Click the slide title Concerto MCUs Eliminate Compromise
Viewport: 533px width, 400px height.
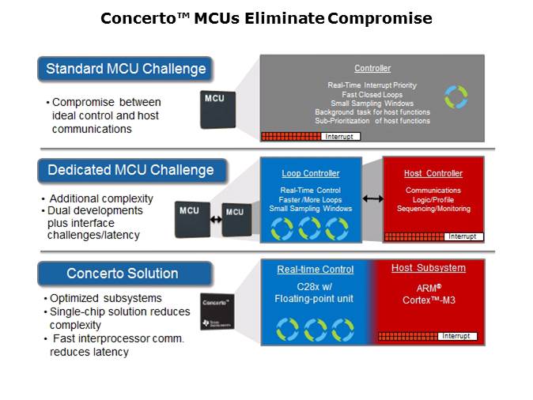pos(266,17)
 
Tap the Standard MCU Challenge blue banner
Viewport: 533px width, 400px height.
pos(126,69)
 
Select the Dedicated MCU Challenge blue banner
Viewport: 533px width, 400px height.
pos(130,170)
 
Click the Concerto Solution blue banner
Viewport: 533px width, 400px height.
pos(123,274)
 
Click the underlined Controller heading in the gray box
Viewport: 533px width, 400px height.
pos(372,68)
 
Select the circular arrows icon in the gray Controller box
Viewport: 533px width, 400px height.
pos(456,97)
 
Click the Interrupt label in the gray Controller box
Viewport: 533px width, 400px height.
pos(341,137)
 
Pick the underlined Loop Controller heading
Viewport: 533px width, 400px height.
pos(310,173)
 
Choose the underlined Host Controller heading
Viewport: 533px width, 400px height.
pos(433,173)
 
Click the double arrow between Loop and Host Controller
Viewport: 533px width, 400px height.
pos(372,198)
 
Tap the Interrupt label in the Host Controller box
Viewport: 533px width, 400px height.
pos(462,236)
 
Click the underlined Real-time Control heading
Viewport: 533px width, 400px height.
pos(315,270)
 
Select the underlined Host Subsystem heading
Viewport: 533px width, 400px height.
pos(429,268)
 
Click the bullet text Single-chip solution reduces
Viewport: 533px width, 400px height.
pos(122,311)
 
